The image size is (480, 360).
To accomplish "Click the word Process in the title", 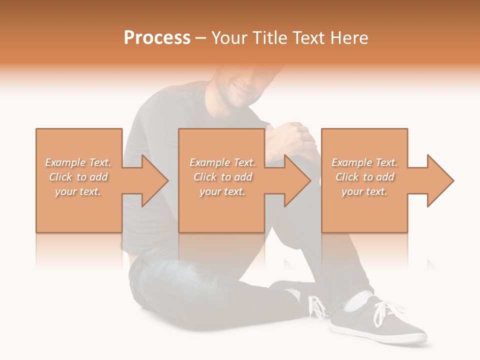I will [157, 38].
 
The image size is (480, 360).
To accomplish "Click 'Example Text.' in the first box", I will [78, 162].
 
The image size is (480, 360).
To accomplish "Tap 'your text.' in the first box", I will [78, 191].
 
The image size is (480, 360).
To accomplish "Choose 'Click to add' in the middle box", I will [222, 177].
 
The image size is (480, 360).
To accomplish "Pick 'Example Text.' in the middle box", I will [222, 162].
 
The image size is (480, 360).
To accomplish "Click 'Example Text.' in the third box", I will [365, 162].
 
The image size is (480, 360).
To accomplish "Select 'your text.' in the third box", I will [365, 191].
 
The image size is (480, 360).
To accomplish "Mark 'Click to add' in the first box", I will [78, 177].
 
